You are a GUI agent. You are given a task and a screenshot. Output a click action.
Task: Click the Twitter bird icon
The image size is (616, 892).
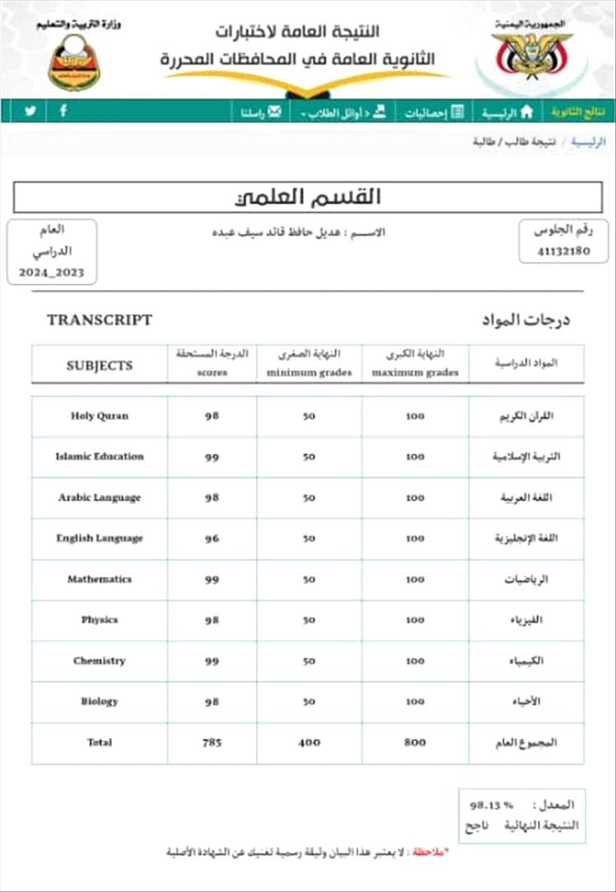(30, 111)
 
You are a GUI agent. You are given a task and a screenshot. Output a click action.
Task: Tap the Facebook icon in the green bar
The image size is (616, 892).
(63, 111)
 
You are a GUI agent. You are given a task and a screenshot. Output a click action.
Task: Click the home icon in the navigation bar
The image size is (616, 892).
(526, 112)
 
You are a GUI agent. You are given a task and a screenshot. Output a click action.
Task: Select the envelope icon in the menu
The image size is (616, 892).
(274, 112)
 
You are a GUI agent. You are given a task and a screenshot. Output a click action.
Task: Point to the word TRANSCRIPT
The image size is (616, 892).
(99, 320)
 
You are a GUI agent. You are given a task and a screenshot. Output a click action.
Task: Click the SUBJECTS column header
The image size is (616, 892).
(99, 365)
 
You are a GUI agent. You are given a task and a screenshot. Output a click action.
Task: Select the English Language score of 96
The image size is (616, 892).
(212, 538)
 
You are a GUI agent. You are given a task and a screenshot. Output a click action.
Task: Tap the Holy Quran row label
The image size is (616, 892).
(99, 416)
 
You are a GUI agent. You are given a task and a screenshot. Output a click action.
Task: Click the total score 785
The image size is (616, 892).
(212, 743)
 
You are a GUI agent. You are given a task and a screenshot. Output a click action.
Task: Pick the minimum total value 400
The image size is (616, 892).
(309, 743)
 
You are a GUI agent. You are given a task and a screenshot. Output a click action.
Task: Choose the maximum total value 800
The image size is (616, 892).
(416, 743)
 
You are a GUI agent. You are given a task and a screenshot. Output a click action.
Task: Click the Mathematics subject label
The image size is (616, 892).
(99, 579)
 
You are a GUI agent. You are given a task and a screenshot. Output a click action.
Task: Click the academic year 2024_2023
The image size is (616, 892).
(53, 272)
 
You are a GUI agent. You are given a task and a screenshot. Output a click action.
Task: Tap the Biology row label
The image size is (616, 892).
(99, 702)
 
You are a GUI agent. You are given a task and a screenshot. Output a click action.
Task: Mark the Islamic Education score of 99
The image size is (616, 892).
(212, 457)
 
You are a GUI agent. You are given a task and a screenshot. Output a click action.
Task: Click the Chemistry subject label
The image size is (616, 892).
(99, 661)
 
